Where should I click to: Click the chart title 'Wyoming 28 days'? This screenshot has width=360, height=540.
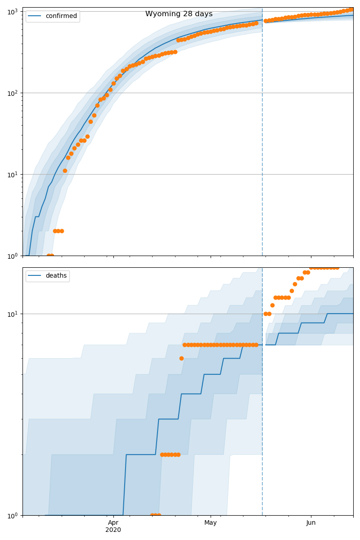point(179,14)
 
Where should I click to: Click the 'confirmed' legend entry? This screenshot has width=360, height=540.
point(61,16)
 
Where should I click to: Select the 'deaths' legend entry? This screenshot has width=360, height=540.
point(56,276)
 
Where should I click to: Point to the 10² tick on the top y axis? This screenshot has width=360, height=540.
point(13,93)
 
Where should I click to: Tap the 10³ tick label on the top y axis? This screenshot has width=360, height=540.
point(13,11)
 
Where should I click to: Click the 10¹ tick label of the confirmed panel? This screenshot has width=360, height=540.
point(13,175)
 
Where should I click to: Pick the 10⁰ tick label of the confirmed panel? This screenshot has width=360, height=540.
point(13,256)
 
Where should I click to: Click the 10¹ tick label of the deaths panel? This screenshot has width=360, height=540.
point(13,314)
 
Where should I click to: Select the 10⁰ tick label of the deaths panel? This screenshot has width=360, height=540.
point(13,515)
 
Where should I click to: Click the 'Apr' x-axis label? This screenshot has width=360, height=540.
point(113,522)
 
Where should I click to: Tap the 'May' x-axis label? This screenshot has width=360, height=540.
point(211,522)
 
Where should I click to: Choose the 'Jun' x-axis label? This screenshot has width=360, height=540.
point(311,522)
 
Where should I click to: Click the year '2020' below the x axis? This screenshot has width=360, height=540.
point(113,530)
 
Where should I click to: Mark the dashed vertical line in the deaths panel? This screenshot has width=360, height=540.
point(262,405)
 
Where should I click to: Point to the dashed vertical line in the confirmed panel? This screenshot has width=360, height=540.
point(262,135)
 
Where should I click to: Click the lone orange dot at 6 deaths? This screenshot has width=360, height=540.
point(181,358)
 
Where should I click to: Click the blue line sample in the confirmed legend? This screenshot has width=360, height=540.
point(35,16)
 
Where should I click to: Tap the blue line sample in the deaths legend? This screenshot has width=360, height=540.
point(35,276)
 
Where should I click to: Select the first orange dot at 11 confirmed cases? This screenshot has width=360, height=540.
point(65,171)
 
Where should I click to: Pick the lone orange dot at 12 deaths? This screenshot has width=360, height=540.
point(272,305)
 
